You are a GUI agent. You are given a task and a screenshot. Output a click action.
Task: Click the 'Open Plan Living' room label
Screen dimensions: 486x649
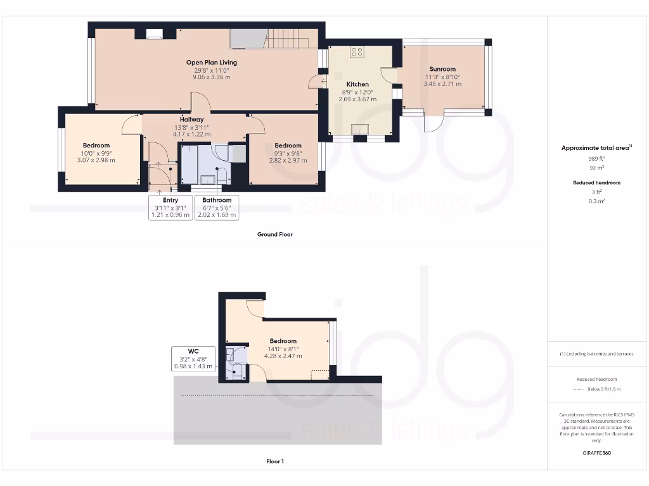point(212,62)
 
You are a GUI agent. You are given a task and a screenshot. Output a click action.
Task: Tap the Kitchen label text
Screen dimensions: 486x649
point(357,84)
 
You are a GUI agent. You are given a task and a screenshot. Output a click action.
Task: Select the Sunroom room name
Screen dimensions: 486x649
point(442,69)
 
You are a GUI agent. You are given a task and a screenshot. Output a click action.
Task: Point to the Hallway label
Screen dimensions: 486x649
point(191,119)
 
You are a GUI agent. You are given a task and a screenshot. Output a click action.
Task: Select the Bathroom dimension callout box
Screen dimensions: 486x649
point(217,208)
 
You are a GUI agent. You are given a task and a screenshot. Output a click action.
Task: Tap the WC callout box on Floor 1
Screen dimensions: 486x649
point(193,358)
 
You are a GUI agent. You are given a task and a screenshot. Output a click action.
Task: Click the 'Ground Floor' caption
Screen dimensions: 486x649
point(274,234)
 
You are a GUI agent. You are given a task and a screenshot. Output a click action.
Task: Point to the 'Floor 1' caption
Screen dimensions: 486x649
point(274,461)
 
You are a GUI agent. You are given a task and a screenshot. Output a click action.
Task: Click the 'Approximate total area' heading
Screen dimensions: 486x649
point(596,148)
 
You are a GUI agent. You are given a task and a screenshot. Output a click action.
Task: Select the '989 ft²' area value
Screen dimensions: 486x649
point(596,158)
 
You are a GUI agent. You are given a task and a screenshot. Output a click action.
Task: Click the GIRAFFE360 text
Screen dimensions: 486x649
point(596,453)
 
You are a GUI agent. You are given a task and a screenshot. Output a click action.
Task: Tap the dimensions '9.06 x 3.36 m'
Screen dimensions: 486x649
point(212,77)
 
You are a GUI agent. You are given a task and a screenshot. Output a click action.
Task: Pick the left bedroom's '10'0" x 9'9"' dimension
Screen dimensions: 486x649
point(96,153)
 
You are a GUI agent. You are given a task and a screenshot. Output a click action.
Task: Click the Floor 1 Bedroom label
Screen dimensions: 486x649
point(283,341)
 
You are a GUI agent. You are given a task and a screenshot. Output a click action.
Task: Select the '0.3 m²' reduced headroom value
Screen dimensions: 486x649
point(596,201)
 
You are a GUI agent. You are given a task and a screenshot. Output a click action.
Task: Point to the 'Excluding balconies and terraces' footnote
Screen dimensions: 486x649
point(596,354)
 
